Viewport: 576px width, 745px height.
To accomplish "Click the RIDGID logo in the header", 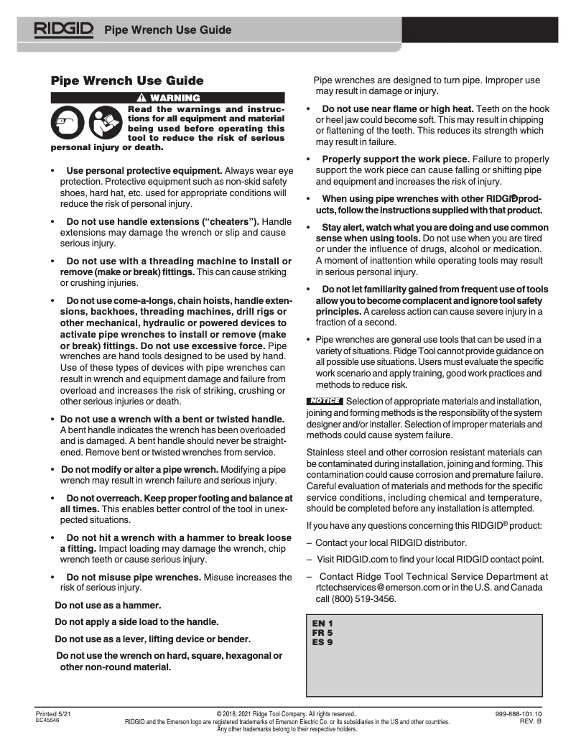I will (64, 29).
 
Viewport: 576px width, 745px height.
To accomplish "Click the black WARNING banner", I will (167, 98).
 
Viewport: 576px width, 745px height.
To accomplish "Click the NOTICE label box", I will (325, 401).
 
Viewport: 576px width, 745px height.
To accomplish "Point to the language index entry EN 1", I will (322, 623).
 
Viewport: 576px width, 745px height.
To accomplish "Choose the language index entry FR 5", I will (322, 632).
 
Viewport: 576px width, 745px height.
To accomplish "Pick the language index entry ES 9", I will (322, 642).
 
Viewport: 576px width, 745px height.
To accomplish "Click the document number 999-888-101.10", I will (518, 713).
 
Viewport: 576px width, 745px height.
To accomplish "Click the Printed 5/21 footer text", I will (53, 713).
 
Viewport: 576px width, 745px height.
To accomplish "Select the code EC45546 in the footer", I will (48, 720).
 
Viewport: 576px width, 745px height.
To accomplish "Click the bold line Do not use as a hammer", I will (108, 605).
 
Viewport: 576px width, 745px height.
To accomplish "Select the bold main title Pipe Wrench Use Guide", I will (127, 80).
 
